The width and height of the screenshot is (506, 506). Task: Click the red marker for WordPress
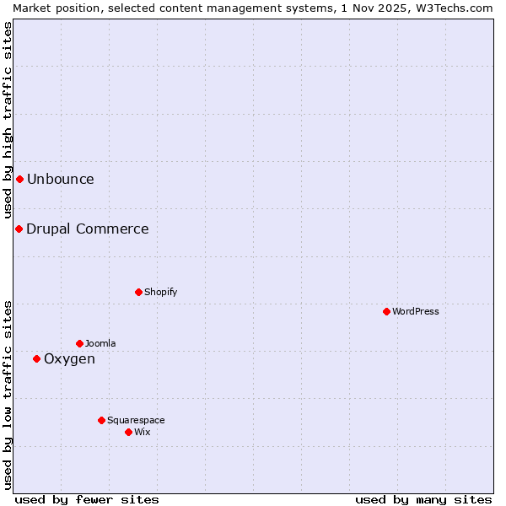(x=386, y=311)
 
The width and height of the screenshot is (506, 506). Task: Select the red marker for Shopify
(x=138, y=292)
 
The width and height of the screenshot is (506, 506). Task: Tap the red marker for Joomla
(x=79, y=343)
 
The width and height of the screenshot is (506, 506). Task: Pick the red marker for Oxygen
(x=36, y=358)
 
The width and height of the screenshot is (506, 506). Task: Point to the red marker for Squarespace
(x=101, y=420)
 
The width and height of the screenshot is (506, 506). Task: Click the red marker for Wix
(x=128, y=432)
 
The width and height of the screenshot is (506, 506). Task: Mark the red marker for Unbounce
(x=19, y=179)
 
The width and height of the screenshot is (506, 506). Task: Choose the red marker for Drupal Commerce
(x=19, y=229)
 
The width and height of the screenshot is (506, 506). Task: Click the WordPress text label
(x=416, y=311)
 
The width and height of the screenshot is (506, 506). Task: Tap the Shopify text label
(x=161, y=292)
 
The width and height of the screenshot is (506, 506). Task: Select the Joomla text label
(x=100, y=343)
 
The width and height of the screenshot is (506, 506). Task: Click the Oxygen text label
(x=69, y=358)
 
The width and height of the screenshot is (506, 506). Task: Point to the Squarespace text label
(x=136, y=420)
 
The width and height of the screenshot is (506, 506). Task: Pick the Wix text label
(x=143, y=432)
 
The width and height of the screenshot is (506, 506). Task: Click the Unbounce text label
(x=61, y=179)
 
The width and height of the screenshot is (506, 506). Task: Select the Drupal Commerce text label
(x=88, y=229)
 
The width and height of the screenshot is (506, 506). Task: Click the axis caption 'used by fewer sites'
(x=87, y=499)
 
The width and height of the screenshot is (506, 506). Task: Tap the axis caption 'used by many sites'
(x=423, y=499)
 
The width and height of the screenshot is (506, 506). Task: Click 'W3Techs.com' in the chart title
(x=459, y=8)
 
